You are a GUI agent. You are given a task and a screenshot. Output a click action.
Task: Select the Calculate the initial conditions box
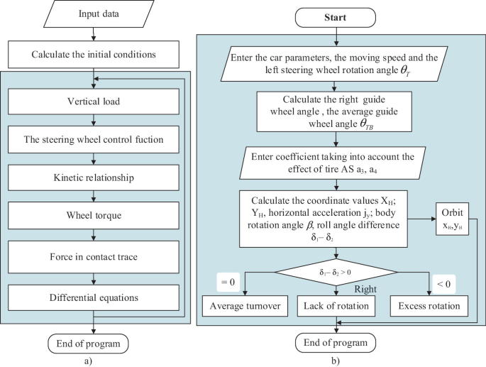tap(94, 53)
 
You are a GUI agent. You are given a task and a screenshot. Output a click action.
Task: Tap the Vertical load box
tap(94, 101)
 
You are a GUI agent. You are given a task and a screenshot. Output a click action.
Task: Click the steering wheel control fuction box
tap(94, 140)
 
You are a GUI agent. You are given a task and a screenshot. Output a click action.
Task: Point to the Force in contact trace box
tap(94, 258)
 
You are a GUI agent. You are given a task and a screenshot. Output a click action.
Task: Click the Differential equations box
tap(94, 298)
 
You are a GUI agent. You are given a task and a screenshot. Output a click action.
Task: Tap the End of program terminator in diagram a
tap(94, 344)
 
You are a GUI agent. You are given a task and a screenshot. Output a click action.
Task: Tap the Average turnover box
tap(243, 307)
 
